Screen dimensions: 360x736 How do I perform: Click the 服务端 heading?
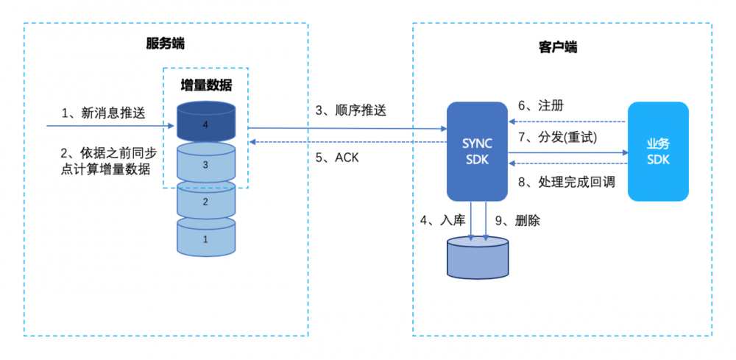point(166,44)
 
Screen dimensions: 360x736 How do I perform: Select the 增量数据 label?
point(206,85)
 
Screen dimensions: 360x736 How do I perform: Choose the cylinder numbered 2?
point(205,201)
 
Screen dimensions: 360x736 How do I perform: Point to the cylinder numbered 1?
point(205,239)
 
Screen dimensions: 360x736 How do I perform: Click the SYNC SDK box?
point(478,151)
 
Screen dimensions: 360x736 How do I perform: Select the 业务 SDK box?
point(658,151)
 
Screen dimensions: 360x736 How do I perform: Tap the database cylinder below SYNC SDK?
point(478,258)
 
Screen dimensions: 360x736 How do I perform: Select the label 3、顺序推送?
point(350,110)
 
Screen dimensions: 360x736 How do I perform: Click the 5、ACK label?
point(337,157)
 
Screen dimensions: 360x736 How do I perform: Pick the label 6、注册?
point(541,105)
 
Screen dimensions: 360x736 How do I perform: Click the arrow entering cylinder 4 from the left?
point(110,126)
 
